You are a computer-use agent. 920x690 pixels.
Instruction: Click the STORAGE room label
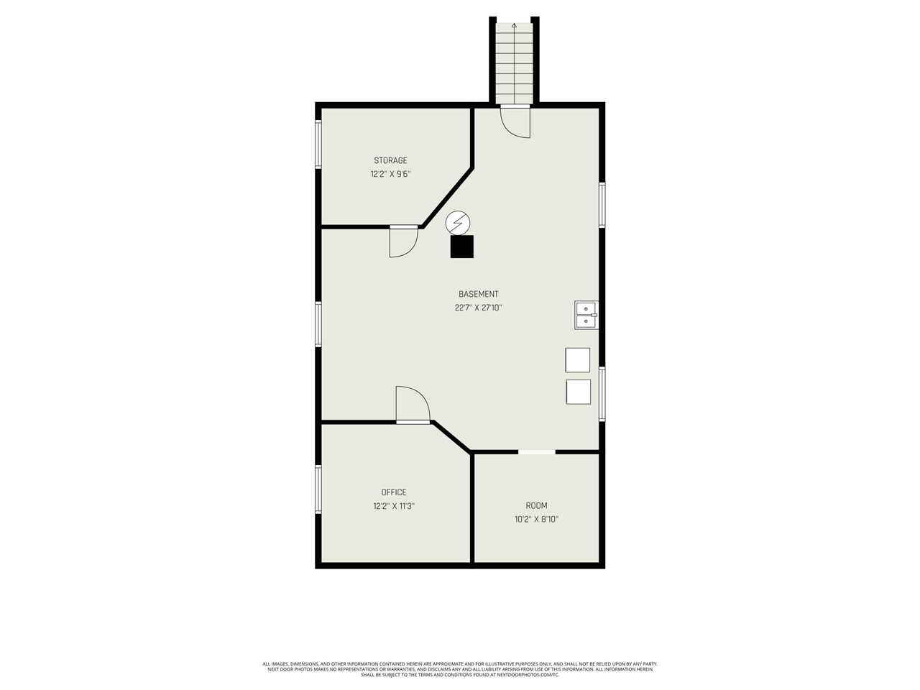(x=390, y=160)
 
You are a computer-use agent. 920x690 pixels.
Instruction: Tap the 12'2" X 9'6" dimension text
(x=390, y=174)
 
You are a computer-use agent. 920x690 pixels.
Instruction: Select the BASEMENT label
(x=478, y=294)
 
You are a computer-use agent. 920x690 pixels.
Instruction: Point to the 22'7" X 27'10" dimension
(x=478, y=308)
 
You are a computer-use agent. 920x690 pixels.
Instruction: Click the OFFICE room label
(x=394, y=492)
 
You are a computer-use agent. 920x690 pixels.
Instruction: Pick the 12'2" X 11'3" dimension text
(x=394, y=506)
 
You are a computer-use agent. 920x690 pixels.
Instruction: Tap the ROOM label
(x=536, y=505)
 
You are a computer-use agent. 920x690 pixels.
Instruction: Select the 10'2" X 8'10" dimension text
(x=536, y=519)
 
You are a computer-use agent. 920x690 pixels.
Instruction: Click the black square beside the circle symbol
(x=462, y=247)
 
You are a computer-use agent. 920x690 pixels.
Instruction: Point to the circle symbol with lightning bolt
(x=456, y=223)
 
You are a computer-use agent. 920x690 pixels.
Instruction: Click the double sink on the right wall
(x=586, y=315)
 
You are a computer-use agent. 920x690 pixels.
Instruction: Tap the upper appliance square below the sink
(x=578, y=360)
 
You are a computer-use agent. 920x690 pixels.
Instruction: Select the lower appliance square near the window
(x=578, y=392)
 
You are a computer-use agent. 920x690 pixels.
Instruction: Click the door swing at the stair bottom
(x=516, y=122)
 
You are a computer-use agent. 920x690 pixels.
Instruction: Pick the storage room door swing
(x=403, y=242)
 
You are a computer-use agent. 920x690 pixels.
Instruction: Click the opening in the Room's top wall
(x=537, y=452)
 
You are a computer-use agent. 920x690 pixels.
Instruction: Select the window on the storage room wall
(x=318, y=144)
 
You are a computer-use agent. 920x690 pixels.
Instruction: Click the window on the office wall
(x=318, y=489)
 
